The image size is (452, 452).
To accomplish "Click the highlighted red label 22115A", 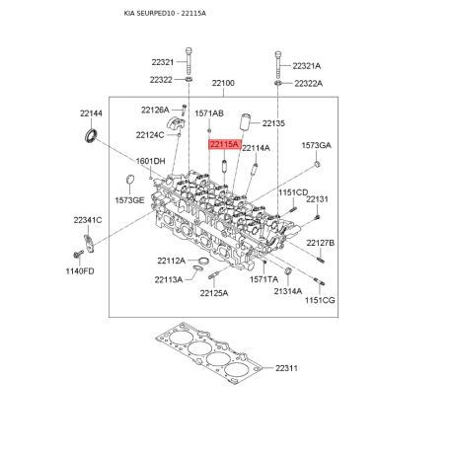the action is [225, 144].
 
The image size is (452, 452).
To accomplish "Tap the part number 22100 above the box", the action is [223, 83].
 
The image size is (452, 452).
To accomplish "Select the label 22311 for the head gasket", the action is [286, 368].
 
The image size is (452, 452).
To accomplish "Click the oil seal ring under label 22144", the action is [91, 136].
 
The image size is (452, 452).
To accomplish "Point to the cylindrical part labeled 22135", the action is [245, 122].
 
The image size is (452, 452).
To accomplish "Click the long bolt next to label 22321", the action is [188, 61].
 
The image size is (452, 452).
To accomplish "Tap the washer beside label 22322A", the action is [278, 82].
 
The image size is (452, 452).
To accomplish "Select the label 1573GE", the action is [129, 200].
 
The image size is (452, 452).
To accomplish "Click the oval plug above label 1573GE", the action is [130, 180].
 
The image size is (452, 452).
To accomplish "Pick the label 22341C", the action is [88, 220].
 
